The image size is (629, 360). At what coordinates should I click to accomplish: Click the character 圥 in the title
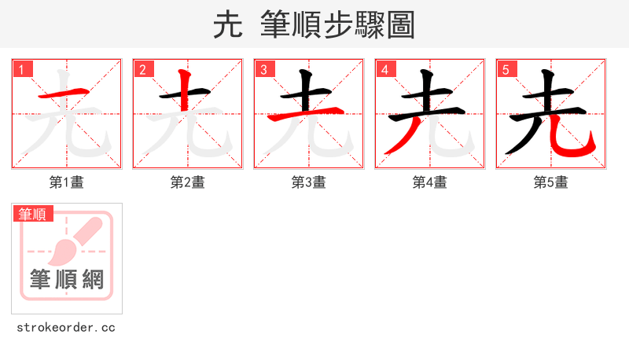tap(227, 25)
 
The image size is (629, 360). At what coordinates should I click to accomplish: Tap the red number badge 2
tap(143, 69)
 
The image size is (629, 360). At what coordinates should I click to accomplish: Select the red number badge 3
tap(264, 69)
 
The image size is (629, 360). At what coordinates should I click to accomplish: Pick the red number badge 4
tap(385, 69)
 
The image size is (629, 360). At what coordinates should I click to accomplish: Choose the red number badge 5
tap(506, 69)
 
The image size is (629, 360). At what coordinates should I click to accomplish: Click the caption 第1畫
tap(67, 182)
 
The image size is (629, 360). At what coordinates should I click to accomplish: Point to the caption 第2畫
tap(188, 182)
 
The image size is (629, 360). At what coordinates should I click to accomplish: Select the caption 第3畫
tap(309, 182)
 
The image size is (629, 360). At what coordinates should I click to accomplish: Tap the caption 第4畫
tap(430, 182)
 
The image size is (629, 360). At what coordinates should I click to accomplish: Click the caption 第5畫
tap(551, 182)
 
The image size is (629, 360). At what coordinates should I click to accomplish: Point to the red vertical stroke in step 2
tap(186, 90)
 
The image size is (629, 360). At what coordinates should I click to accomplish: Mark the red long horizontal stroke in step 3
tap(307, 116)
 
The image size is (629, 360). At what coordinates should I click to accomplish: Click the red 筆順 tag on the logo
tap(33, 213)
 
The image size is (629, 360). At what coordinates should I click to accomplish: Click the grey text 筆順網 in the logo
tap(67, 278)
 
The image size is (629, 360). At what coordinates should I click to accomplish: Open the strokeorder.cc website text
tap(67, 327)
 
